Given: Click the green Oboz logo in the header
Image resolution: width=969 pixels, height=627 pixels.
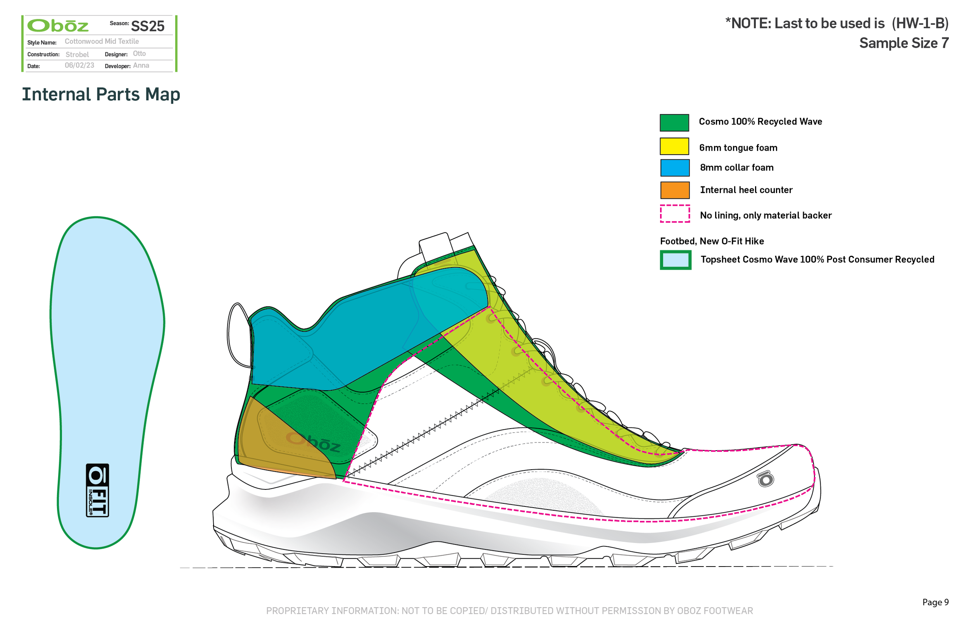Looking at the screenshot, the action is (x=58, y=26).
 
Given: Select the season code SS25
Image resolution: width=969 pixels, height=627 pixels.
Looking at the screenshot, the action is (x=147, y=26).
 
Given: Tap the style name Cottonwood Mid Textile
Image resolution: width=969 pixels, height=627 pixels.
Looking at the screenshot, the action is (x=102, y=41).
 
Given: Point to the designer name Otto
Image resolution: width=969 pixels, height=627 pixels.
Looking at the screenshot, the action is (x=139, y=54).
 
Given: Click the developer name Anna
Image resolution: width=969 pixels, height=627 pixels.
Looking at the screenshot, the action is (x=141, y=65).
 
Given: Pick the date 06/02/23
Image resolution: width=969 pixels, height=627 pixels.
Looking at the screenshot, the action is (x=79, y=65).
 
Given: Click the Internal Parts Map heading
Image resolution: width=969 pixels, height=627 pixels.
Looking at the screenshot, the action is (x=101, y=95).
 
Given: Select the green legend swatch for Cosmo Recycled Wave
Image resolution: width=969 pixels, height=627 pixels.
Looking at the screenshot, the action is (x=674, y=122).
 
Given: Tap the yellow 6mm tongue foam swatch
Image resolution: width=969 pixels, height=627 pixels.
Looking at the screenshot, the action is (x=674, y=146).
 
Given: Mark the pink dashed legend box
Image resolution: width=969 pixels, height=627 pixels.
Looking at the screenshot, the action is (x=675, y=214).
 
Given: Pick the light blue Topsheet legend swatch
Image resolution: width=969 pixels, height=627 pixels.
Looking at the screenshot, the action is (x=676, y=260).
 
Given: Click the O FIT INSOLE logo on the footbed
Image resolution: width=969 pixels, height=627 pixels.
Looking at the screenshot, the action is (x=97, y=490).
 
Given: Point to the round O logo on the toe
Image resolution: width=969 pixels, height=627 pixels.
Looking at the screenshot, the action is (x=766, y=479).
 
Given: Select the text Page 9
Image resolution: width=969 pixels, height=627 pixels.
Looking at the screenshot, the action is (x=935, y=602).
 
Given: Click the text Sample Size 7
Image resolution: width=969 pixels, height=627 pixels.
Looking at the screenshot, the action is (x=903, y=43).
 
